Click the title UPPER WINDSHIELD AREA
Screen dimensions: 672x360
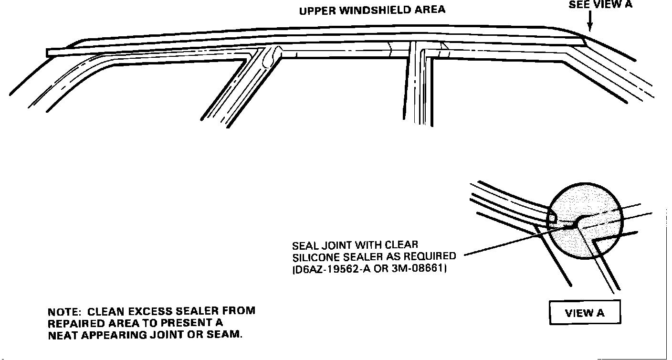pyautogui.click(x=372, y=10)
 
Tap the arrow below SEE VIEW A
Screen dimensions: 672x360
pyautogui.click(x=590, y=21)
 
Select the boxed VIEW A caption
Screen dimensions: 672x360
pyautogui.click(x=585, y=313)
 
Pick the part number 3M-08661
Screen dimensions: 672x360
pyautogui.click(x=422, y=269)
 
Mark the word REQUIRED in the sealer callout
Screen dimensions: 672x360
pyautogui.click(x=430, y=257)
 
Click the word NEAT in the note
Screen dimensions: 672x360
pyautogui.click(x=63, y=334)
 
